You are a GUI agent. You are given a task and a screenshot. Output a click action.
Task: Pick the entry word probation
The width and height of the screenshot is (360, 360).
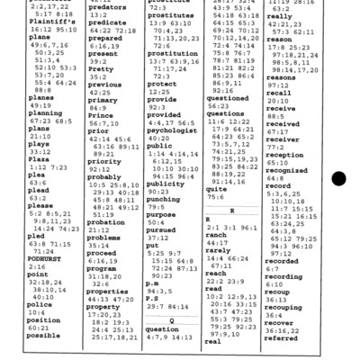coord(106,222)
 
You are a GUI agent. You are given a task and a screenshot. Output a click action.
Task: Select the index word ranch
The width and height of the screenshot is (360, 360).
coord(216,233)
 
